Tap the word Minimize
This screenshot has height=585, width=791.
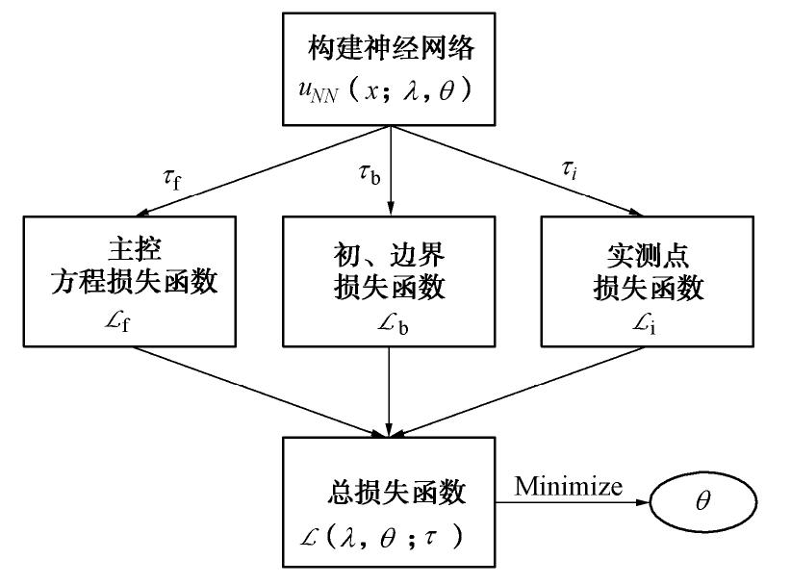tap(568, 485)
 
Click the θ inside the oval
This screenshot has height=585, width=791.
tap(702, 502)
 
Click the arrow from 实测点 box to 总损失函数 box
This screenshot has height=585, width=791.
tap(539, 387)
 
